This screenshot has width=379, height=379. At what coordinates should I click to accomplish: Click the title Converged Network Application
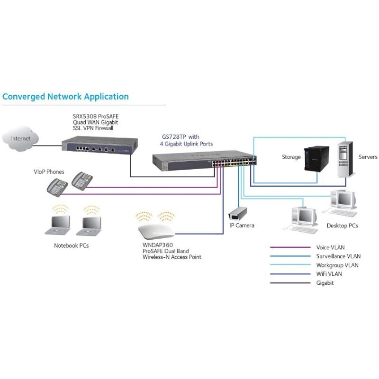[x=65, y=97]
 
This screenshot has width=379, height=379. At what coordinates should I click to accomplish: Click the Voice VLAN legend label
[x=330, y=247]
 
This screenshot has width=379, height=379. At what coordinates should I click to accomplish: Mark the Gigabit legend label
[x=325, y=283]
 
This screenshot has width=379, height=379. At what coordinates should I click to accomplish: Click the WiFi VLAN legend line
[x=289, y=274]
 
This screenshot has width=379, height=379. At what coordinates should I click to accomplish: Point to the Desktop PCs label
[x=342, y=226]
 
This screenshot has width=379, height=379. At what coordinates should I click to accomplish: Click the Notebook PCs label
[x=71, y=246]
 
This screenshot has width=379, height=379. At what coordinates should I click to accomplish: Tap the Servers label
[x=368, y=157]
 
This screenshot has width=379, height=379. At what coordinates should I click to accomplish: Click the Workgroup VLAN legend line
[x=289, y=265]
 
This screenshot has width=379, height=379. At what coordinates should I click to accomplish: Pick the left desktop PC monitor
[x=305, y=216]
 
